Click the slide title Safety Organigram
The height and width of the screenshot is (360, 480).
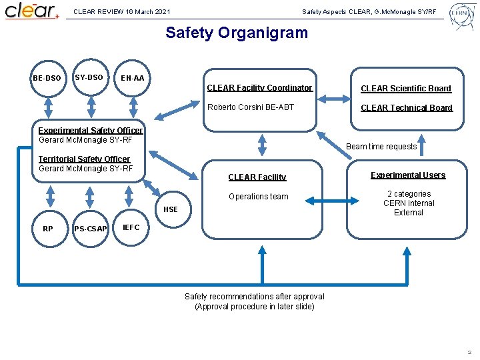click(237, 32)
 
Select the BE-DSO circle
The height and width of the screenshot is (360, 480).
click(47, 79)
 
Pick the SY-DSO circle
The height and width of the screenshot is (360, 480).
click(89, 77)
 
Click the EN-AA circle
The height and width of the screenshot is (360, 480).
click(133, 79)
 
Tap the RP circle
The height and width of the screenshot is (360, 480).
click(48, 229)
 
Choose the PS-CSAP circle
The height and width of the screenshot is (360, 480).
click(90, 229)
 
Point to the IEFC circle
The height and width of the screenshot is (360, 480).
click(131, 227)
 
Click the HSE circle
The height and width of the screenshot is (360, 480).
click(171, 209)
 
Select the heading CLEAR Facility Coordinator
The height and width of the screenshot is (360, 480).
click(259, 88)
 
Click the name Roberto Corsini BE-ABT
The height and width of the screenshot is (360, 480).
click(251, 107)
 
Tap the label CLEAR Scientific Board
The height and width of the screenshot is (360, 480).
click(406, 88)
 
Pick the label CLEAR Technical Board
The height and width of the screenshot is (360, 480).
click(407, 107)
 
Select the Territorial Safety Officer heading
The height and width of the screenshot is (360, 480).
click(84, 159)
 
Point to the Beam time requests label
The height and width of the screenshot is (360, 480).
click(383, 147)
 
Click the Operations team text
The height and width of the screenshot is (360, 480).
click(258, 197)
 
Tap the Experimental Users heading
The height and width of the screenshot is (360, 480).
click(408, 175)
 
